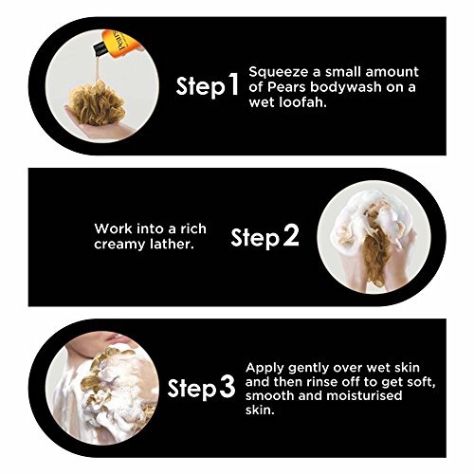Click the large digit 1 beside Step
coord(233,84)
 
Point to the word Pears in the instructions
coord(286,87)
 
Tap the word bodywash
coord(345,88)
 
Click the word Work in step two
coord(109,228)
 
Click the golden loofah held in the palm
coord(96,103)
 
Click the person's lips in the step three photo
coord(115,337)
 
